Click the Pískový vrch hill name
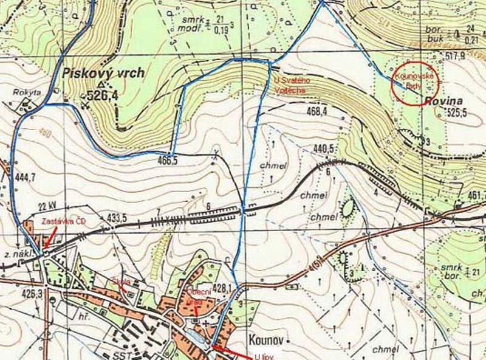click(x=103, y=74)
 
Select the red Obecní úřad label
click(x=198, y=294)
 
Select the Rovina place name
click(x=443, y=101)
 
